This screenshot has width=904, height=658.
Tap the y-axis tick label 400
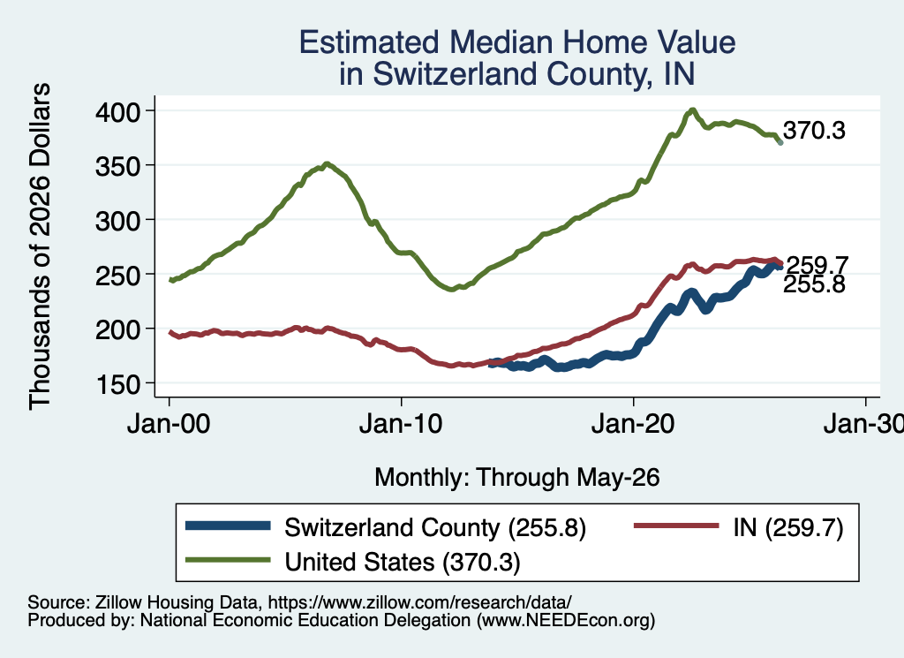117,111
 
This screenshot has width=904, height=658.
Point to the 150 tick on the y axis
117,384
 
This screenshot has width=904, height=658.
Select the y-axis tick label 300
117,220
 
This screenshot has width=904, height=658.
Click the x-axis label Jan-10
401,425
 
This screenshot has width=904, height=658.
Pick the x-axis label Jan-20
633,425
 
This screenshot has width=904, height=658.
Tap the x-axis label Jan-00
169,425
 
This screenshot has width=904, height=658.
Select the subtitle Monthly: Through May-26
517,478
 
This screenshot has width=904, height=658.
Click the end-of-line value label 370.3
814,131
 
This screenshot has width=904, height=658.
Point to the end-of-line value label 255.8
814,284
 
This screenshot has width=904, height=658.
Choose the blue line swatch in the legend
228,526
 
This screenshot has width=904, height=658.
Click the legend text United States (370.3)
403,563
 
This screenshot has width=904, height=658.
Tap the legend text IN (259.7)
788,527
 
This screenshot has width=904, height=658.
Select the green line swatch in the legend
228,559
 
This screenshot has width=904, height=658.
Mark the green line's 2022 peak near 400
692,110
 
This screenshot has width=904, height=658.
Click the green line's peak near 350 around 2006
327,163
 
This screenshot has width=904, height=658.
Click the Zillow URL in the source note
419,602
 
